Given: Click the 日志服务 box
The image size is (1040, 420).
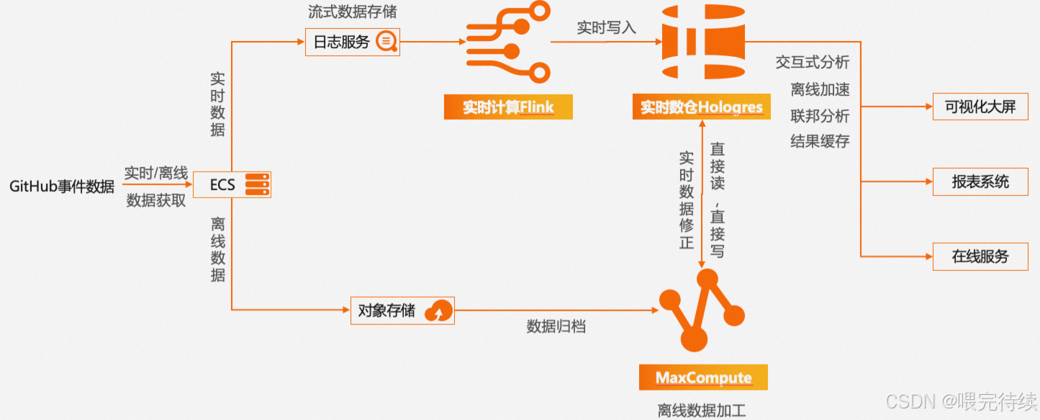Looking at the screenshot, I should pos(352,42).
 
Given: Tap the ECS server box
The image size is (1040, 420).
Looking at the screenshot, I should pos(232,185).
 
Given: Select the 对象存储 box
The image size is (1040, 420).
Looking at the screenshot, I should pos(402,311).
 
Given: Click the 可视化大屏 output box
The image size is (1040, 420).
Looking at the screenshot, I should pos(980,107).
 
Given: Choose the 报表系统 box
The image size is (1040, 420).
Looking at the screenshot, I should pos(980,182).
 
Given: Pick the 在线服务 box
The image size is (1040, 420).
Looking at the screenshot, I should pos(980,256).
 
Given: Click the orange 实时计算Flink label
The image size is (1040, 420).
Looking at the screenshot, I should pos(508,108).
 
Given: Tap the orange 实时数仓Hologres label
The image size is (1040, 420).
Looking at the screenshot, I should pos(702,108).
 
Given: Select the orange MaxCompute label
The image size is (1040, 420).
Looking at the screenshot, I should pos(703,378).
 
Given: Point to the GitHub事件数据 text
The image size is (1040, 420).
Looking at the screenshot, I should pos(62,187).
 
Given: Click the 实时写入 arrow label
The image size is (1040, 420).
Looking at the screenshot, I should pos(607,27).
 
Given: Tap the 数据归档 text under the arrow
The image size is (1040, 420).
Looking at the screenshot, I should pos(556,326).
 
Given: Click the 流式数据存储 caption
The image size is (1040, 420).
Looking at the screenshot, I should pos(352,12).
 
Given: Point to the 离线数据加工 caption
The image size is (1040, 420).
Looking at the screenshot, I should pos(702,411).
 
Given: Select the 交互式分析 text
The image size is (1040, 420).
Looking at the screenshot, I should pos(813,62).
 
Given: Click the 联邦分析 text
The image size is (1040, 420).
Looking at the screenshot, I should pos(820,115).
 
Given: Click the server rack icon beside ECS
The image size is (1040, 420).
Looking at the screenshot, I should pos(256,185).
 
